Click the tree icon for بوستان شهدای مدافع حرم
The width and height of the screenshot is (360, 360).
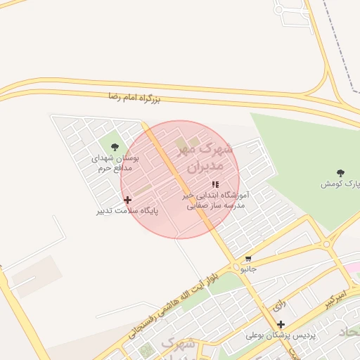[115, 147]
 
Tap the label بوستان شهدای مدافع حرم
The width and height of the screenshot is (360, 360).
[115, 163]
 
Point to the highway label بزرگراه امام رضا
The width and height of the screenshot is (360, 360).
[134, 97]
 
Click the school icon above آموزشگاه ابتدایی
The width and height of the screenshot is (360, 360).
[214, 184]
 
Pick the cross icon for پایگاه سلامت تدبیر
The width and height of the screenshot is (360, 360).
[127, 200]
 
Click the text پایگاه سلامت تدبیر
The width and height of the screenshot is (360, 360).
[127, 211]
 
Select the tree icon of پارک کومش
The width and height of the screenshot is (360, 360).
[341, 172]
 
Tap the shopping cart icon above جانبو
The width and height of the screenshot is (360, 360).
[248, 259]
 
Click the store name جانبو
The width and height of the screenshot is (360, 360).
[249, 269]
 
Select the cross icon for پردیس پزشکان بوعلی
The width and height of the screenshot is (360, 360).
[281, 324]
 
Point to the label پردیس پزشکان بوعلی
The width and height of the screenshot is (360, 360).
[281, 335]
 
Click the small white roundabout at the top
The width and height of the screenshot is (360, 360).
[279, 10]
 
